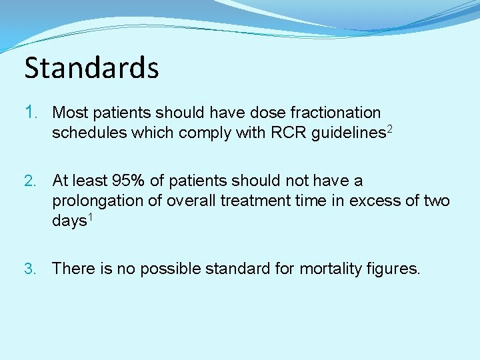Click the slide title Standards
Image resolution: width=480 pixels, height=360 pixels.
click(x=91, y=68)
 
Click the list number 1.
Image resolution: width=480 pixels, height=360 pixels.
click(x=33, y=113)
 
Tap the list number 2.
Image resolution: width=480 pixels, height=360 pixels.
click(x=33, y=181)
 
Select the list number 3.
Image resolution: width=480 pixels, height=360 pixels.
click(x=33, y=269)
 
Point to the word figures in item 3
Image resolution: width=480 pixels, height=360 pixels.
click(x=394, y=269)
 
